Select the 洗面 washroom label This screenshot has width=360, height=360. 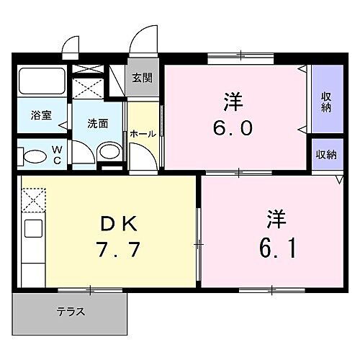[x=98, y=123]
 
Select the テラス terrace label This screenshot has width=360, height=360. [x=71, y=312]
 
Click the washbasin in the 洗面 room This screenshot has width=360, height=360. [x=109, y=151]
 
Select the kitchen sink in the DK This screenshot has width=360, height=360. [x=32, y=231]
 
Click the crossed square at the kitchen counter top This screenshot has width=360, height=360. [x=33, y=199]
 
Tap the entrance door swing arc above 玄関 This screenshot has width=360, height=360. [x=146, y=40]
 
